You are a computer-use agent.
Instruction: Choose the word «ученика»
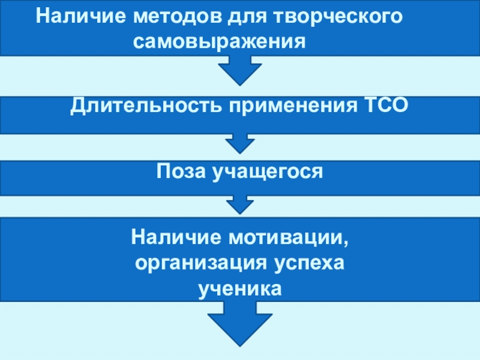coord(239,289)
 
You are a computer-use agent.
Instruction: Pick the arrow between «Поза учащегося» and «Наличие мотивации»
coord(239,205)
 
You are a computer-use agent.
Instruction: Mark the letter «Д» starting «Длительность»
coord(77,106)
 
